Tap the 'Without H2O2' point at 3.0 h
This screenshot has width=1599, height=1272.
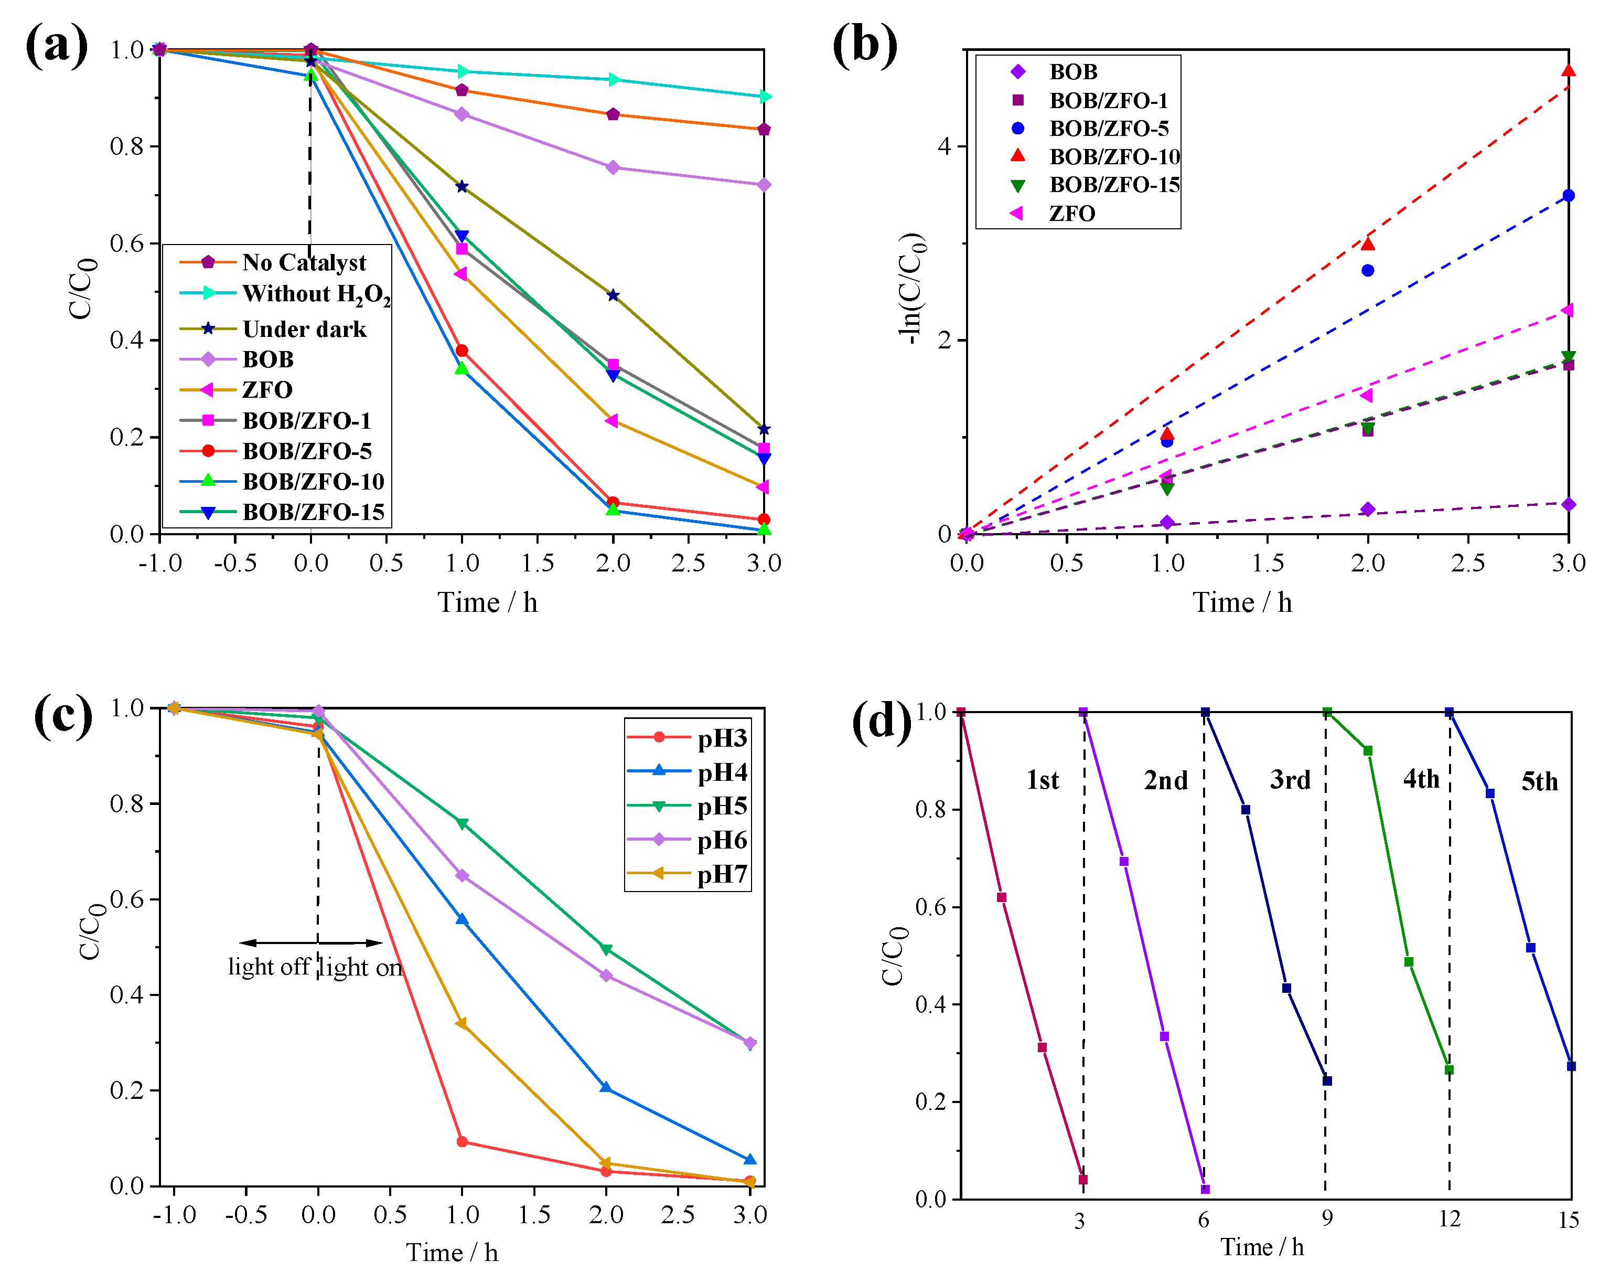coord(764,97)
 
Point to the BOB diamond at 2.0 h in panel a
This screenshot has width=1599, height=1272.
coord(613,168)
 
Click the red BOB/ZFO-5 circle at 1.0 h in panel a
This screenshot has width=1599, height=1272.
coord(462,351)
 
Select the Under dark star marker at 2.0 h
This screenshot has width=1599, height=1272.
coord(613,295)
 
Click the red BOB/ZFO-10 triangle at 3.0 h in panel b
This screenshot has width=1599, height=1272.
coord(1568,70)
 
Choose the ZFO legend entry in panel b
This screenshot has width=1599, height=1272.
coord(1072,214)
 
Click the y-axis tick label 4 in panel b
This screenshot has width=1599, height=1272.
coord(943,146)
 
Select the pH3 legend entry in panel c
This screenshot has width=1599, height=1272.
coord(722,738)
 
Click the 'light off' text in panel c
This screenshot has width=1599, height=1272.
coord(268,967)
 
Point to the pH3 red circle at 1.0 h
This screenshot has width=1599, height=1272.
coord(462,1141)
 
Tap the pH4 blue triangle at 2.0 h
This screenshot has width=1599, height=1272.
coord(606,1087)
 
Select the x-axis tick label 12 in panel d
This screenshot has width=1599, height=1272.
coord(1449,1220)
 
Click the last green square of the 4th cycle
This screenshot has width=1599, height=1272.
coord(1449,1069)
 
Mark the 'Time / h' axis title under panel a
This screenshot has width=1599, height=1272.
coord(487,602)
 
